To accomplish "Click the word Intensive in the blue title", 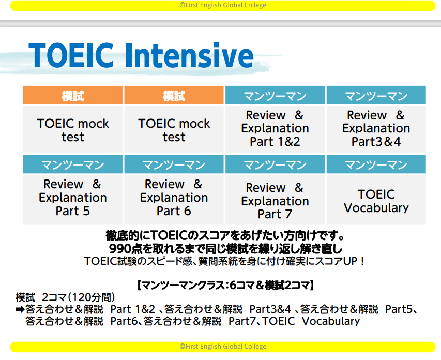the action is click(189, 55).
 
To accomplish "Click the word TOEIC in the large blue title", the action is click(71, 55).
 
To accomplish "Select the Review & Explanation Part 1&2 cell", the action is click(275, 129).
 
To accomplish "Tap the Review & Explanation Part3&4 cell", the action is click(376, 129).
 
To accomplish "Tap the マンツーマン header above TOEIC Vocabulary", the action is click(376, 164).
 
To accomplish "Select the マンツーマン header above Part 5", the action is click(73, 164).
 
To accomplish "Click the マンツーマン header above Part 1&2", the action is click(275, 96).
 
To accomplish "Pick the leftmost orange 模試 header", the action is click(73, 96).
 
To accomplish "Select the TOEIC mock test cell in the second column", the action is click(174, 130).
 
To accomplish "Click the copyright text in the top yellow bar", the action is click(223, 5).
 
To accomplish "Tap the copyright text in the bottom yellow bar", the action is click(223, 346).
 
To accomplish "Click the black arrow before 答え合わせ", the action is click(20, 310).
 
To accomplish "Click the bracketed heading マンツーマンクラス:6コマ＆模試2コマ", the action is click(225, 286).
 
